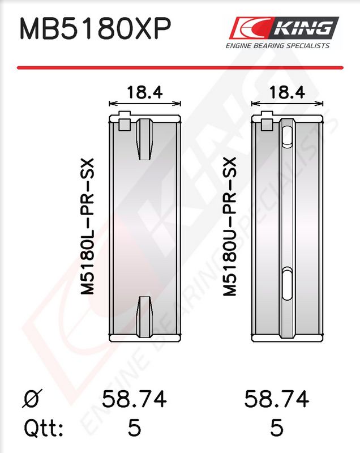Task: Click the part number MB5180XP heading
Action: point(95,28)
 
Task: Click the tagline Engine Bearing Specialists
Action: point(277,46)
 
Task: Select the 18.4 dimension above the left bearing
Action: point(145,92)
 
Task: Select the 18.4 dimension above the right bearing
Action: point(287,92)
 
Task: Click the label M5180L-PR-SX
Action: point(87,226)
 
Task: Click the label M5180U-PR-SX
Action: point(230,226)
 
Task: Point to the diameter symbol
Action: point(32,399)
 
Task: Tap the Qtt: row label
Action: point(44,428)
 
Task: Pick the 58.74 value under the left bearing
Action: point(134,399)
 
